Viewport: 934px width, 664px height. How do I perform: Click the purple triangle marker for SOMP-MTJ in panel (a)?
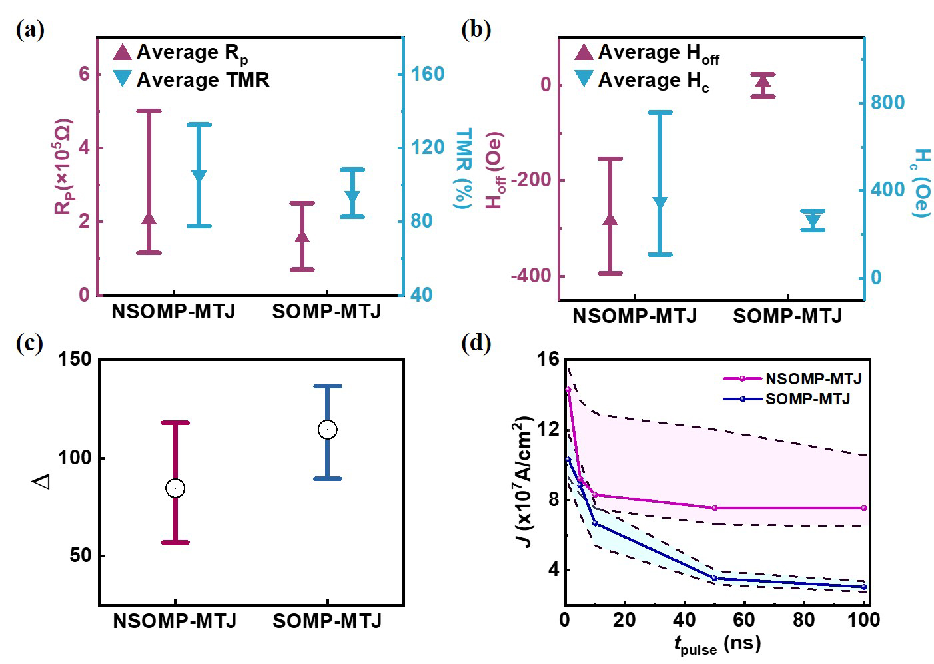tap(302, 236)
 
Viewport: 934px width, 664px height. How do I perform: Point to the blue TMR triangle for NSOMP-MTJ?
tap(199, 176)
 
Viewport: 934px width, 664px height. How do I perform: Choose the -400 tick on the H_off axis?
tap(530, 276)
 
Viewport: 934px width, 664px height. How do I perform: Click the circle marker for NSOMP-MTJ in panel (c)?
tap(175, 488)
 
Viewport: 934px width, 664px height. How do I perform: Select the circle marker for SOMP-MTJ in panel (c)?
tap(327, 430)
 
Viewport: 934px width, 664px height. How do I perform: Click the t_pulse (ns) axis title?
tap(717, 644)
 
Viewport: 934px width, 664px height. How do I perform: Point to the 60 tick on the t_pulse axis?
tap(744, 619)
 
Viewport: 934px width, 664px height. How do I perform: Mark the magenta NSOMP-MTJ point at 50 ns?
tap(714, 508)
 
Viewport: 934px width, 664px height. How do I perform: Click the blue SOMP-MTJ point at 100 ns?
tap(864, 587)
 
